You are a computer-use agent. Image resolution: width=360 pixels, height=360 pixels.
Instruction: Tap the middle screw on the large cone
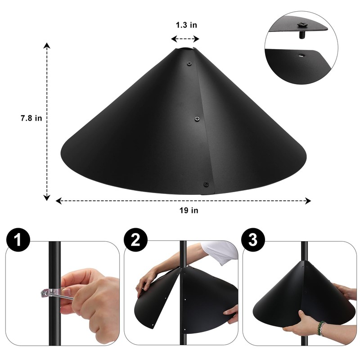tap(197, 118)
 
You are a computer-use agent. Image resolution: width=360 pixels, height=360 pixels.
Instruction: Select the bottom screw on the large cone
tap(206, 184)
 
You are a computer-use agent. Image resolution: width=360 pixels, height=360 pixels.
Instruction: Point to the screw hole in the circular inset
tap(300, 55)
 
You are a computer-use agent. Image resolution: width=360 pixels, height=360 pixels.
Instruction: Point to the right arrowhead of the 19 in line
tap(309, 201)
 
